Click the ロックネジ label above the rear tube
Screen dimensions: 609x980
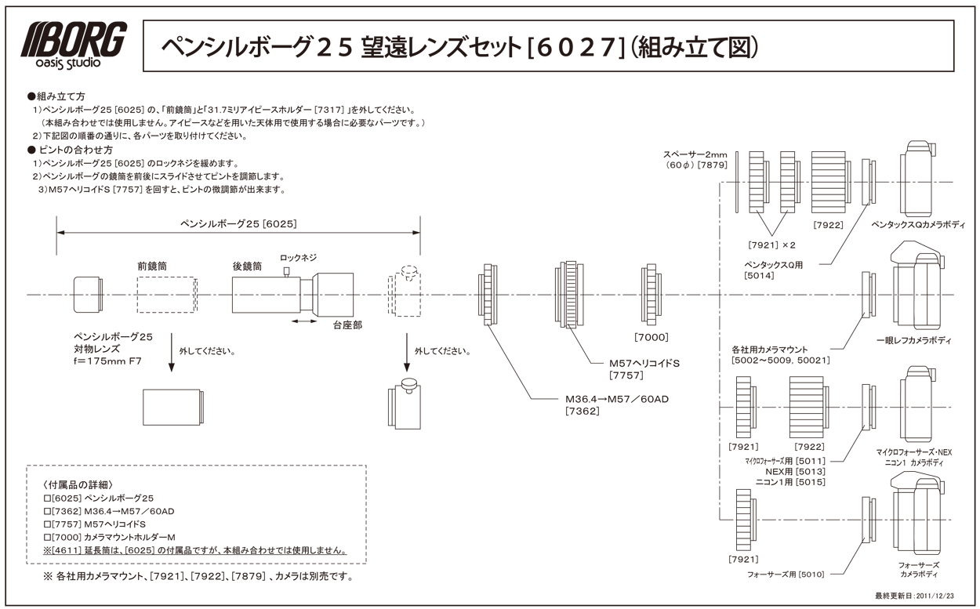[299, 257]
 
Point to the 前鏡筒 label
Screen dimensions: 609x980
[152, 266]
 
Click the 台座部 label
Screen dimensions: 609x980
[347, 324]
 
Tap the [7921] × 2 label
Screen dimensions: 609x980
[771, 244]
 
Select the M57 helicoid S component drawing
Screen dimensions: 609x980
[570, 295]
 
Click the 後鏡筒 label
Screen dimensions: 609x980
[247, 266]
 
